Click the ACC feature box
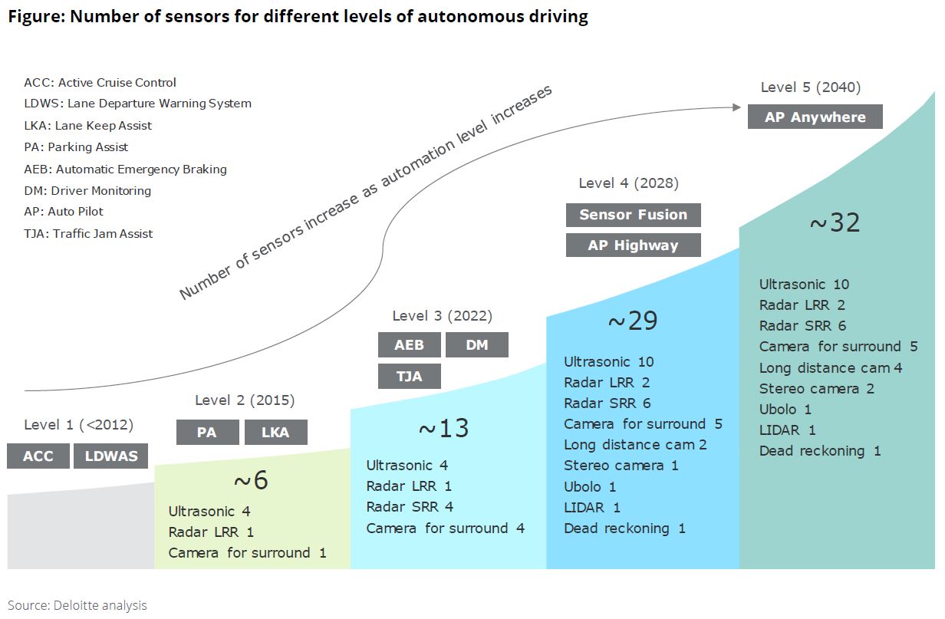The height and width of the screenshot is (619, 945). click(38, 456)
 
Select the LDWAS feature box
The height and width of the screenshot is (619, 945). click(111, 456)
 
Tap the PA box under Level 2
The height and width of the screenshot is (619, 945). click(208, 432)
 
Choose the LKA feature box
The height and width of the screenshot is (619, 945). click(276, 432)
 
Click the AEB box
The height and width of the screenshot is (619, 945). click(410, 344)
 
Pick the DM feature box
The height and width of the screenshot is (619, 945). click(477, 344)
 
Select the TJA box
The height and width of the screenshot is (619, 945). click(410, 376)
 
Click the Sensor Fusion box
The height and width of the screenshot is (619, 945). click(634, 215)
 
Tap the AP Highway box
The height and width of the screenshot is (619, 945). click(634, 245)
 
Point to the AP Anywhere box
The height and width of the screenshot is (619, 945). click(815, 117)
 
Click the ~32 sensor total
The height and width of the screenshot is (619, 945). click(835, 222)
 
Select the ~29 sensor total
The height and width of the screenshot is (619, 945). click(632, 321)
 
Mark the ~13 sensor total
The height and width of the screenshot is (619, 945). click(443, 428)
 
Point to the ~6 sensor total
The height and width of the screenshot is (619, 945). click(251, 479)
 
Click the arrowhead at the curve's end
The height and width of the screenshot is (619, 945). click(737, 107)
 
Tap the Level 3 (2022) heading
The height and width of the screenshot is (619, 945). click(442, 315)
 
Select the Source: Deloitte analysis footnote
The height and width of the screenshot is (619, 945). click(77, 605)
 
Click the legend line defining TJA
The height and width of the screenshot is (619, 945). click(88, 233)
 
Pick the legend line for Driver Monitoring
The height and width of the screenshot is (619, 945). click(87, 191)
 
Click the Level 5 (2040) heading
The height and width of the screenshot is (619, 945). click(811, 87)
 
